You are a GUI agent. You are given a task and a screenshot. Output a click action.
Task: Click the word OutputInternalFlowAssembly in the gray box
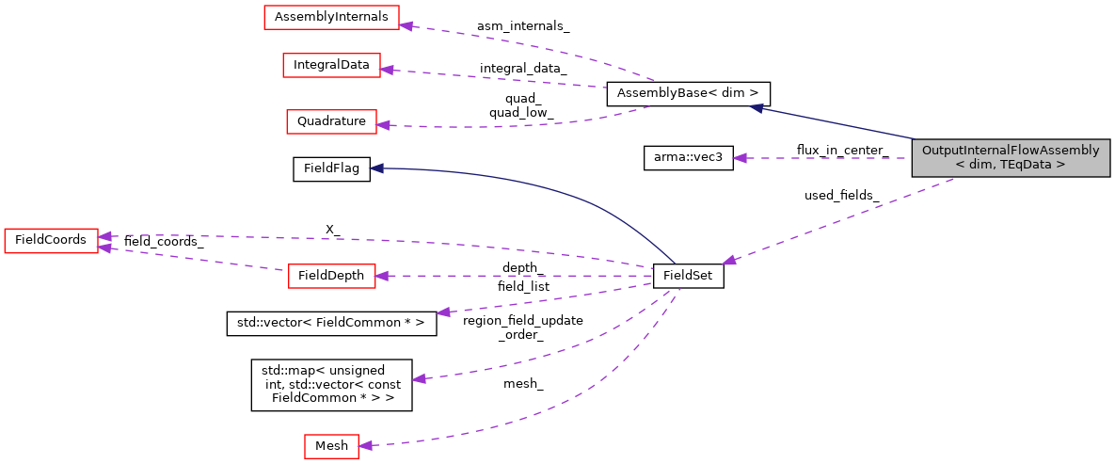pos(1011,151)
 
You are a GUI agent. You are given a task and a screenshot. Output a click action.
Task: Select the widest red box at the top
pos(331,18)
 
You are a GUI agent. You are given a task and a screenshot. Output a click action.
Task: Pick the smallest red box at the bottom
pos(331,446)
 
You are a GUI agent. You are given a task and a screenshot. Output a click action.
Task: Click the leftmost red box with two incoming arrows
pos(51,241)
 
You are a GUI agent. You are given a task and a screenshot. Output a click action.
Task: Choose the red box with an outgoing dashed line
pos(331,276)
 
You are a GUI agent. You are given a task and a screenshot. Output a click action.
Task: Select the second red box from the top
pos(331,65)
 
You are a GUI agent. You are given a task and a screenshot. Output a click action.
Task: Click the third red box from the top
pos(331,121)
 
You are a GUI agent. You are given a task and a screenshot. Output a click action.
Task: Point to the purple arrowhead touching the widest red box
pos(406,24)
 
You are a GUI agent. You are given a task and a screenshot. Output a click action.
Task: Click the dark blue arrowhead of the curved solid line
pos(376,168)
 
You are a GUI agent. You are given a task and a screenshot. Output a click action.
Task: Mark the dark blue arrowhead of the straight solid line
pos(757,108)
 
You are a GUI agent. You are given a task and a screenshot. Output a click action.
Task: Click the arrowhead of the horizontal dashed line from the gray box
pos(740,158)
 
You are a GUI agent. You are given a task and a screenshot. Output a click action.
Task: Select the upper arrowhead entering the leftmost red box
pos(105,235)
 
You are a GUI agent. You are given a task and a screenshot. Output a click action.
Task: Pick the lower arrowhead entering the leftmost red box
pos(105,248)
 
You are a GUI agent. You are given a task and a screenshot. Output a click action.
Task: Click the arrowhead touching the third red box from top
pos(384,124)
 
